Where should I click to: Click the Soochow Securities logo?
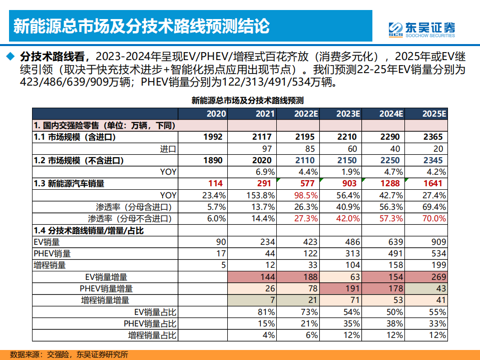pyautogui.click(x=422, y=30)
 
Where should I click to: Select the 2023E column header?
pyautogui.click(x=348, y=114)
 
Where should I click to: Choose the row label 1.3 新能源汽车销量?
pyautogui.click(x=69, y=183)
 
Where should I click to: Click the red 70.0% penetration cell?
pyautogui.click(x=434, y=218)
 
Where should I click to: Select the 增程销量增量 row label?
pyautogui.click(x=105, y=300)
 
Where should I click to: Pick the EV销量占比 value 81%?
pyautogui.click(x=266, y=312)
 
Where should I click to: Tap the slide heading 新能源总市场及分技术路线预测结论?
pyautogui.click(x=141, y=26)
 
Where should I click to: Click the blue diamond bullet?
pyautogui.click(x=10, y=56)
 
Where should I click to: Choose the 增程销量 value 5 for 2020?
pyautogui.click(x=223, y=265)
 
